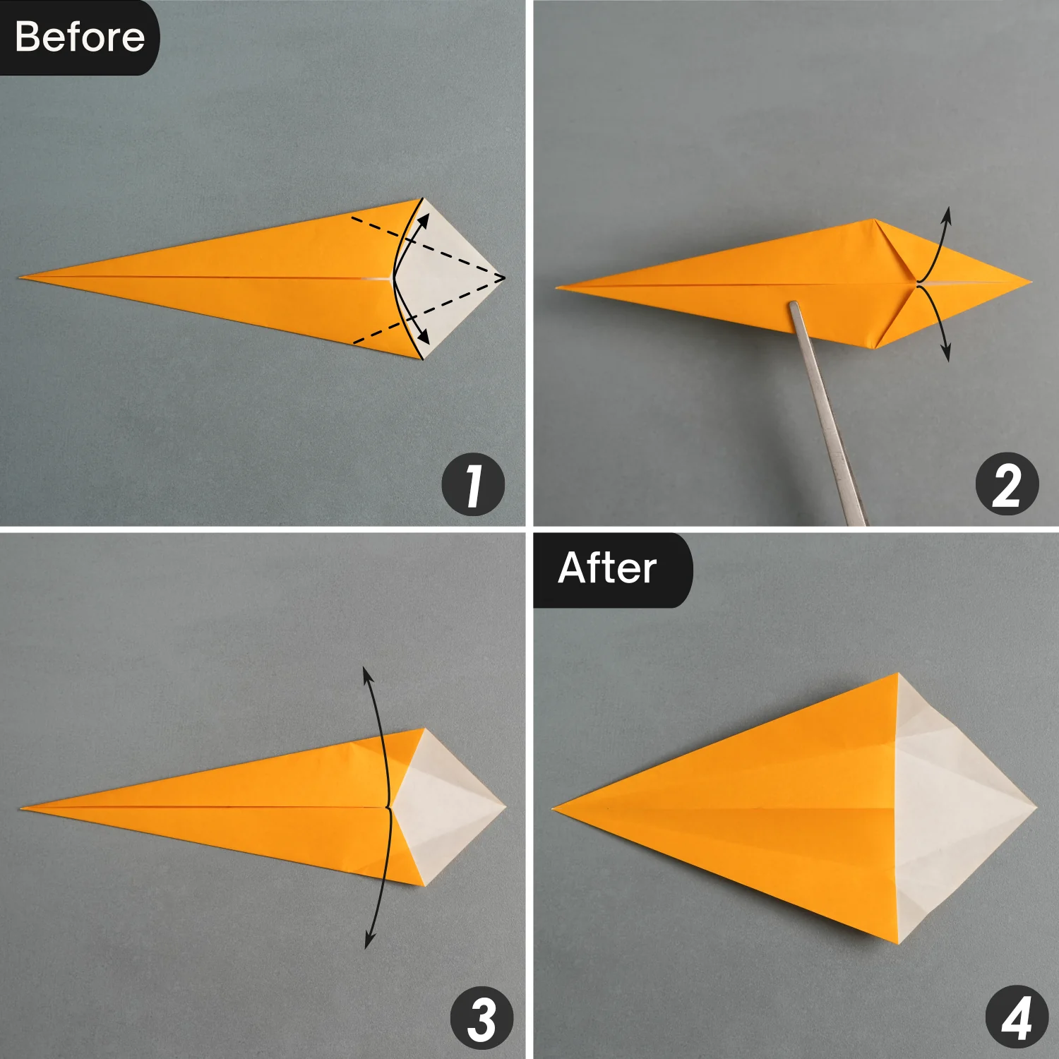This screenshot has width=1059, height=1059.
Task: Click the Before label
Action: [79, 37]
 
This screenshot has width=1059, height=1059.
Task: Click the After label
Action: [609, 568]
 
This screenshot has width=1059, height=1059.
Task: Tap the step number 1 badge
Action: [473, 484]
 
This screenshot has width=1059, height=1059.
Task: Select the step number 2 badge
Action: [1007, 484]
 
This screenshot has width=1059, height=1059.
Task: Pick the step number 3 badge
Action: [482, 1017]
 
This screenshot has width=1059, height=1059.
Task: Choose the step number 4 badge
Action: [1017, 1017]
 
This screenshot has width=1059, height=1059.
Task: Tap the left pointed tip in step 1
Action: [21, 277]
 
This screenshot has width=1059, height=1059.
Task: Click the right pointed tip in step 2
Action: [1030, 282]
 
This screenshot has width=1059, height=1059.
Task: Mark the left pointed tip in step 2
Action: [558, 287]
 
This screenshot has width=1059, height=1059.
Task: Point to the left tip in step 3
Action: [23, 808]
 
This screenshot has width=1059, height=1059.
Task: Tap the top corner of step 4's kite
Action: [898, 674]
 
